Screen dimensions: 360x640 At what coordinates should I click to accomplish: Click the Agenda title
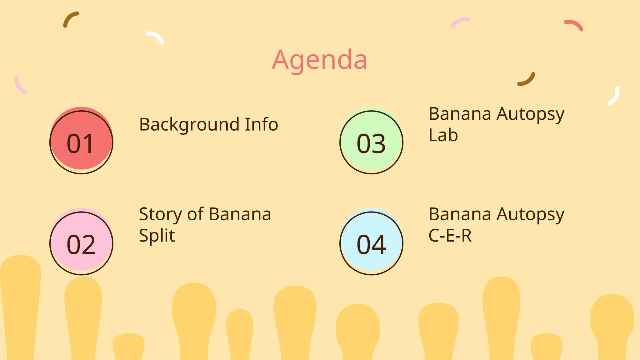click(x=319, y=60)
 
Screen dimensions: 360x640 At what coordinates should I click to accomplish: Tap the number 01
click(x=80, y=144)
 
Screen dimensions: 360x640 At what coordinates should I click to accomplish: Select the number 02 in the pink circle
click(x=81, y=245)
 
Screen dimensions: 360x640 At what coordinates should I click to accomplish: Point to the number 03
click(x=371, y=144)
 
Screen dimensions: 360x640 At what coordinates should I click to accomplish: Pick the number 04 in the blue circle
click(x=371, y=245)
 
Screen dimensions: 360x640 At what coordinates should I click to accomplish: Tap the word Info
click(x=261, y=124)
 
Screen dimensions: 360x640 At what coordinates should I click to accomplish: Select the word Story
click(x=160, y=215)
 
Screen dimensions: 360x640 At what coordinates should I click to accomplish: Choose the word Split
click(x=157, y=236)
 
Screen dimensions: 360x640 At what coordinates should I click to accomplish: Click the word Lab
click(x=443, y=135)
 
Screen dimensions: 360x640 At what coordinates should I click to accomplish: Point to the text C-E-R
click(x=450, y=236)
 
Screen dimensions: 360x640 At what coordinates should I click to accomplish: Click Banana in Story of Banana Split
click(x=240, y=214)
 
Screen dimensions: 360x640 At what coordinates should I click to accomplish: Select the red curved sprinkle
click(x=574, y=25)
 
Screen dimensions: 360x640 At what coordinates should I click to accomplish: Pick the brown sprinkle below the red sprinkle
click(x=527, y=79)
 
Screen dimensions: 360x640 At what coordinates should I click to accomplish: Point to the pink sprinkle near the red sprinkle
click(x=460, y=22)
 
